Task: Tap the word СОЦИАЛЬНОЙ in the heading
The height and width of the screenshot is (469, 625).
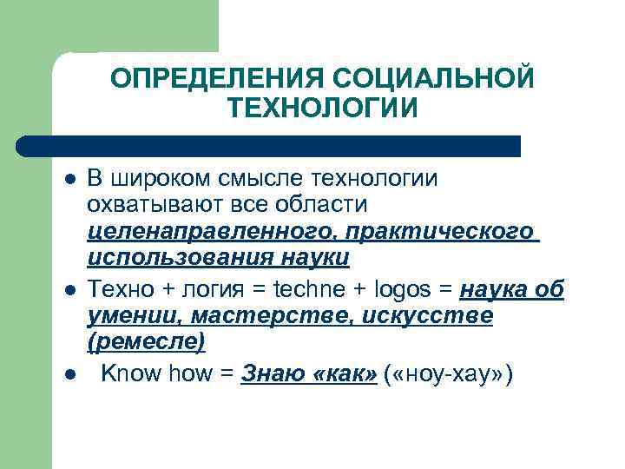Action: pyautogui.click(x=428, y=79)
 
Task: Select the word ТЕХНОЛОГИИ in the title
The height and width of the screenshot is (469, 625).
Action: pyautogui.click(x=322, y=109)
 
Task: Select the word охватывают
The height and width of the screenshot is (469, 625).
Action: pyautogui.click(x=151, y=206)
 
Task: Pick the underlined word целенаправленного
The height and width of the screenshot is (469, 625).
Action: pyautogui.click(x=214, y=233)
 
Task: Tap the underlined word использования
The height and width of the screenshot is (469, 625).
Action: pyautogui.click(x=180, y=259)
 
